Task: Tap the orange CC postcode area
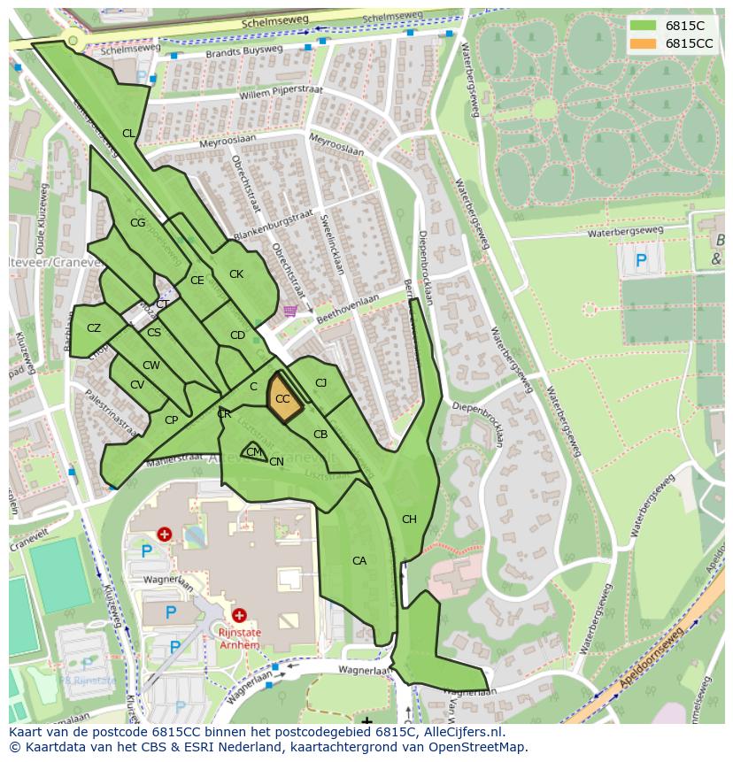tap(282, 396)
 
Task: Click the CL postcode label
tap(128, 134)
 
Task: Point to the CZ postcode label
tap(94, 328)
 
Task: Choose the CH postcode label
tap(409, 520)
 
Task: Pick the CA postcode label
tap(359, 561)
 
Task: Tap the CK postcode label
tap(236, 274)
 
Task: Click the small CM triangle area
tap(254, 451)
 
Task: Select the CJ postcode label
tap(321, 383)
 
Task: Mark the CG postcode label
tap(137, 223)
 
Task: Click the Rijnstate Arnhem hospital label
tap(239, 639)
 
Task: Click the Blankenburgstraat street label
tap(274, 225)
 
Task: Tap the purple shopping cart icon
tap(289, 311)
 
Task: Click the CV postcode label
tap(137, 385)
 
